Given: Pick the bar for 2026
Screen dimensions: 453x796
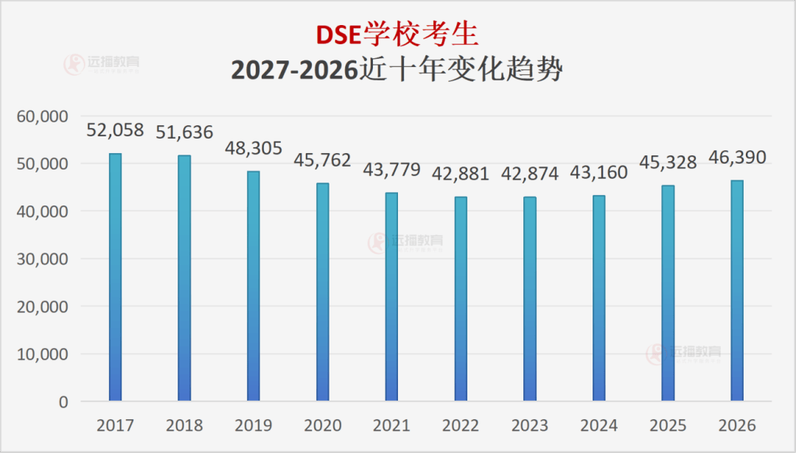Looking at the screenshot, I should point(737,290).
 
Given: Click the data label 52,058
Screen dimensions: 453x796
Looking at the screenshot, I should point(115,130).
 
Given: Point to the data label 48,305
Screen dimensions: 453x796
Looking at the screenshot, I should point(253,148).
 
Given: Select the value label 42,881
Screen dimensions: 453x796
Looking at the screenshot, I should point(461,173).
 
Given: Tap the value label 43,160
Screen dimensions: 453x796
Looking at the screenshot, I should point(598,173).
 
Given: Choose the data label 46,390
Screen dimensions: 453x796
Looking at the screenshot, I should point(737,157).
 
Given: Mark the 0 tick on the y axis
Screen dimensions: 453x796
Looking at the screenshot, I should point(63,402).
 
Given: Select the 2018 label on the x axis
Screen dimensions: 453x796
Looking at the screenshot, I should point(184,426).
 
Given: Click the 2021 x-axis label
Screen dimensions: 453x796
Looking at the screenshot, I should point(391,426).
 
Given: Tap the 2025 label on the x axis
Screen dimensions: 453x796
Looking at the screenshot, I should point(668,426).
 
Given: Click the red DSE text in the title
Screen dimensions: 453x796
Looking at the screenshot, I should point(339,35).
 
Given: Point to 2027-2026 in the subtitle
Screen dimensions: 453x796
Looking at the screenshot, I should point(295,70).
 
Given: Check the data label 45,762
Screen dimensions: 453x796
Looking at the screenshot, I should point(322,160).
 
